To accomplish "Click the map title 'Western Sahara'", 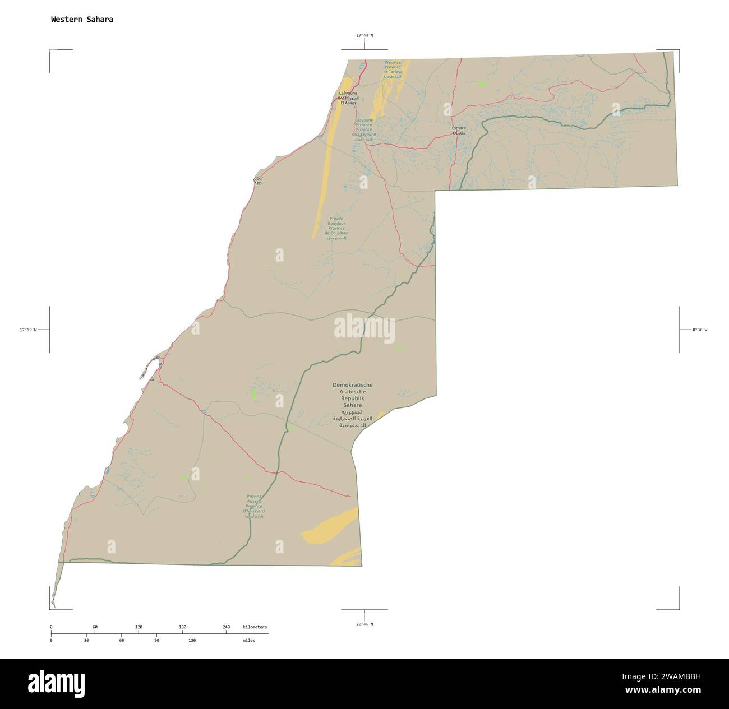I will pos(82,19).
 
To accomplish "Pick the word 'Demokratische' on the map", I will pos(352,385).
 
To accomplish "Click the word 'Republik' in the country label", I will pos(352,398).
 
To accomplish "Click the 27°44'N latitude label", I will pos(364,35).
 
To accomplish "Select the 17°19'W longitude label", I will pos(27,330).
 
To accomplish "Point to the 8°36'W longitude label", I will pos(699,330).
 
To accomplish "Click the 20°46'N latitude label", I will pos(364,624).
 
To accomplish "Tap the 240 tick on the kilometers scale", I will pos(226,627).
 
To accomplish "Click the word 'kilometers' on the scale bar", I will pos(255,627).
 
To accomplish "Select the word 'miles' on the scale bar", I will pos(248,640).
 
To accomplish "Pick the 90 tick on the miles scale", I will pos(156,640).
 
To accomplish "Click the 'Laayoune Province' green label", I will pos(364,127).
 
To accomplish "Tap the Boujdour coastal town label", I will pos(257,180).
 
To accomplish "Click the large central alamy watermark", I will pos(364,329).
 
